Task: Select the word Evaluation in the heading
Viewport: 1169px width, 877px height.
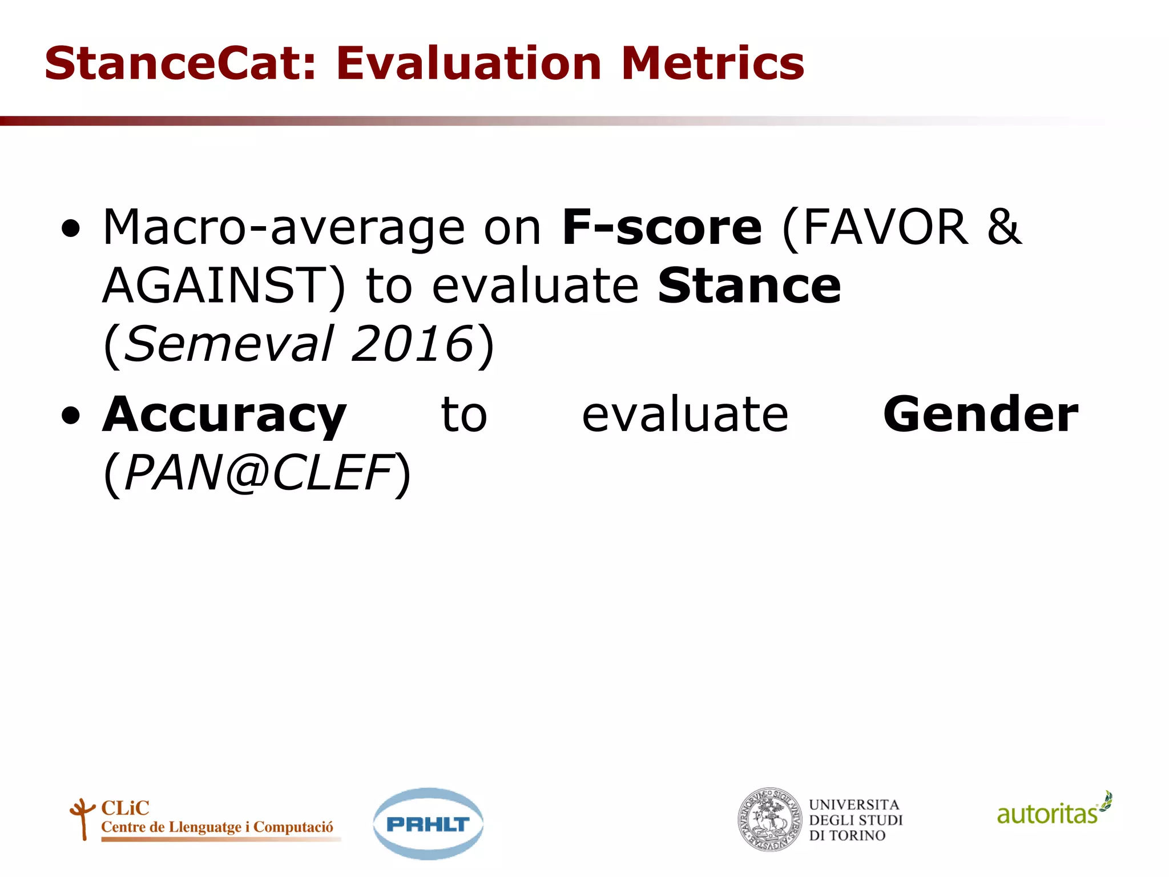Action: [468, 63]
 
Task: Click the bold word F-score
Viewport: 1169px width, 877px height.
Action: [662, 228]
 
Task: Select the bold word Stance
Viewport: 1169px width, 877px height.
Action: [749, 286]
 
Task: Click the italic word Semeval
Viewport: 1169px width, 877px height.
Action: [228, 344]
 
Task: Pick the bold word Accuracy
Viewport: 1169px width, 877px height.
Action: [224, 415]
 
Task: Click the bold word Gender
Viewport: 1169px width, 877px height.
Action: [980, 415]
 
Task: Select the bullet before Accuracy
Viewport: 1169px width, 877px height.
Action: [71, 417]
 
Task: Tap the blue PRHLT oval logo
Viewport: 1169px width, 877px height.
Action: [428, 823]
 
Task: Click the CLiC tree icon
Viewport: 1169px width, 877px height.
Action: [82, 818]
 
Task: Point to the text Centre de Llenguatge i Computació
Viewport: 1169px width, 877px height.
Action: [217, 827]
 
